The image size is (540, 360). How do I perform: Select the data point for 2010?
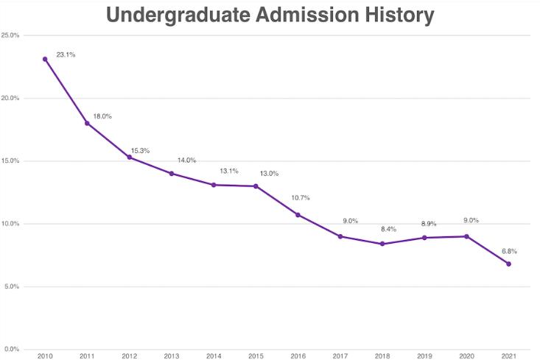tap(45, 59)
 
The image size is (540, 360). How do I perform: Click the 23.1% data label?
tap(66, 54)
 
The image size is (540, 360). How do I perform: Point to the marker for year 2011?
tap(87, 123)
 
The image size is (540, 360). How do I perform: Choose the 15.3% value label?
tap(140, 151)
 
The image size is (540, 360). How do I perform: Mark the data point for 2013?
tap(172, 174)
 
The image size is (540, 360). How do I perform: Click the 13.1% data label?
tap(229, 171)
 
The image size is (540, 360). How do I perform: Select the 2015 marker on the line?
tap(256, 186)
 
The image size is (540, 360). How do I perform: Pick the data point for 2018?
tap(382, 244)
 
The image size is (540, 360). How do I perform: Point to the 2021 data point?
tap(508, 264)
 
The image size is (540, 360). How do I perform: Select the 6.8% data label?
tap(508, 251)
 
